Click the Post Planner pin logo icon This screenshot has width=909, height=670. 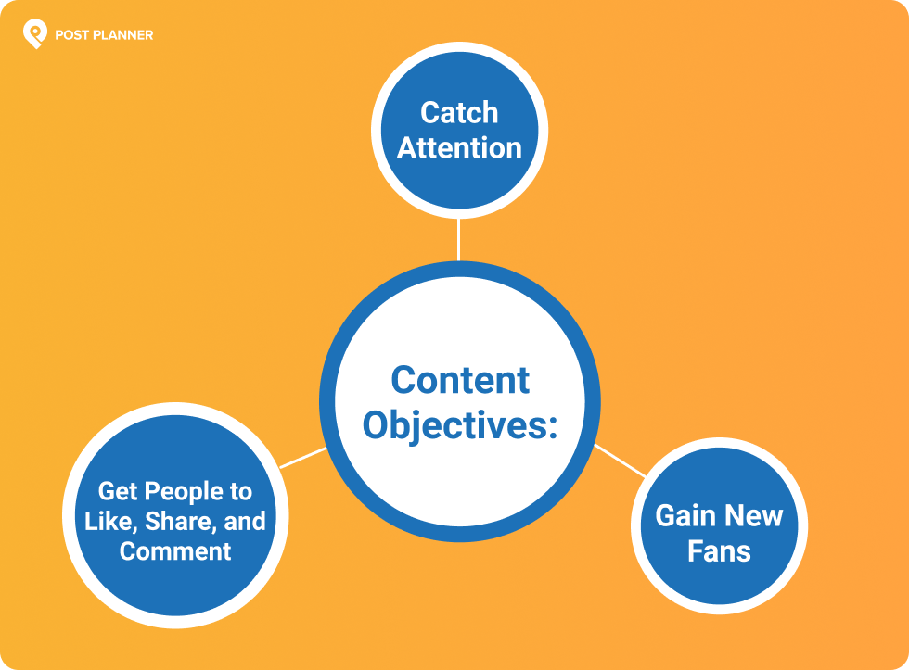click(35, 33)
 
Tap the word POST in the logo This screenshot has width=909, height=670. click(71, 35)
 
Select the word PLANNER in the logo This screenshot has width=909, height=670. click(122, 35)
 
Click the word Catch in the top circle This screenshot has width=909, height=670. click(459, 112)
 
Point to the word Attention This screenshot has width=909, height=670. click(459, 148)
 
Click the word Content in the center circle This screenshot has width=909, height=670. click(460, 381)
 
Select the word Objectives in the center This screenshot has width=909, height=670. click(453, 426)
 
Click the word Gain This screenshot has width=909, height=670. click(685, 515)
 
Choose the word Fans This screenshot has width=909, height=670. click(719, 551)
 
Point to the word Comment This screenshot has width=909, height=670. click(175, 551)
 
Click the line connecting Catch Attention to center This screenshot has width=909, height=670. click(458, 240)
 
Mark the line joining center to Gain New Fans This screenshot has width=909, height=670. click(620, 461)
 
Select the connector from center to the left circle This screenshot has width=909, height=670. click(303, 458)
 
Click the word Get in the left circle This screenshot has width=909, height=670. click(117, 492)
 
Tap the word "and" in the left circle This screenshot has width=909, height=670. click(245, 521)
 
